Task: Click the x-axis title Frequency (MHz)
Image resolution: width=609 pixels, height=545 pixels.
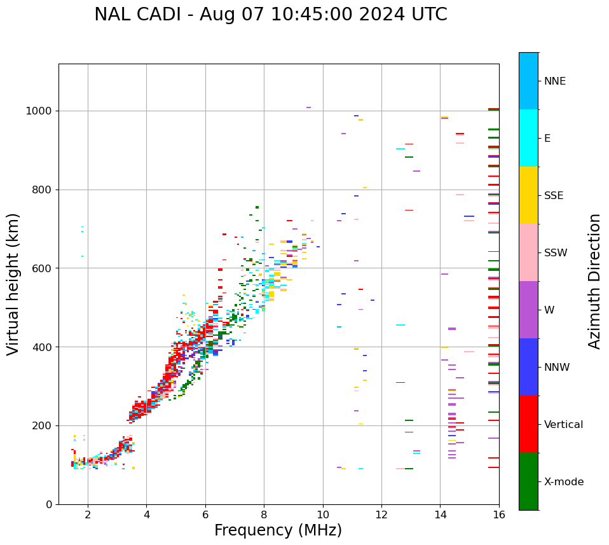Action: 278,530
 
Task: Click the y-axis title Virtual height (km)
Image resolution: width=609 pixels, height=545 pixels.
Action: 13,284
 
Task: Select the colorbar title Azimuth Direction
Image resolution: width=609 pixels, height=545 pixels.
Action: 594,281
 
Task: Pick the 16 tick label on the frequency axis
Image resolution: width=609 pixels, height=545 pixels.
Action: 498,515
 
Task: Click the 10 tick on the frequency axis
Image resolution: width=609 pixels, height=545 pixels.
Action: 322,515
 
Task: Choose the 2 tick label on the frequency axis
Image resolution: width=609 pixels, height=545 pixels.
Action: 88,515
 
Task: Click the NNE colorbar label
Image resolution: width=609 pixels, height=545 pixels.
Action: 554,81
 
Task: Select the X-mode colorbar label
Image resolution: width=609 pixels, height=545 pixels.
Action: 563,482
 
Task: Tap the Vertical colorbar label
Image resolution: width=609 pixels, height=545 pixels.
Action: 563,425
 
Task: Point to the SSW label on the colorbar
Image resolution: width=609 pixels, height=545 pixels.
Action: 556,253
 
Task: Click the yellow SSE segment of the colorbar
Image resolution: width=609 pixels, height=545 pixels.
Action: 528,195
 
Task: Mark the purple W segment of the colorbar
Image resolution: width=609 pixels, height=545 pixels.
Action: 528,310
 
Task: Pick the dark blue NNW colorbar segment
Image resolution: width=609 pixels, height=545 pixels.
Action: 528,367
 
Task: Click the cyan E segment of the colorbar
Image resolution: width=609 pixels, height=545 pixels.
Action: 528,138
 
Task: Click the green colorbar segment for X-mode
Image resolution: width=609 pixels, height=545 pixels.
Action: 528,481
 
